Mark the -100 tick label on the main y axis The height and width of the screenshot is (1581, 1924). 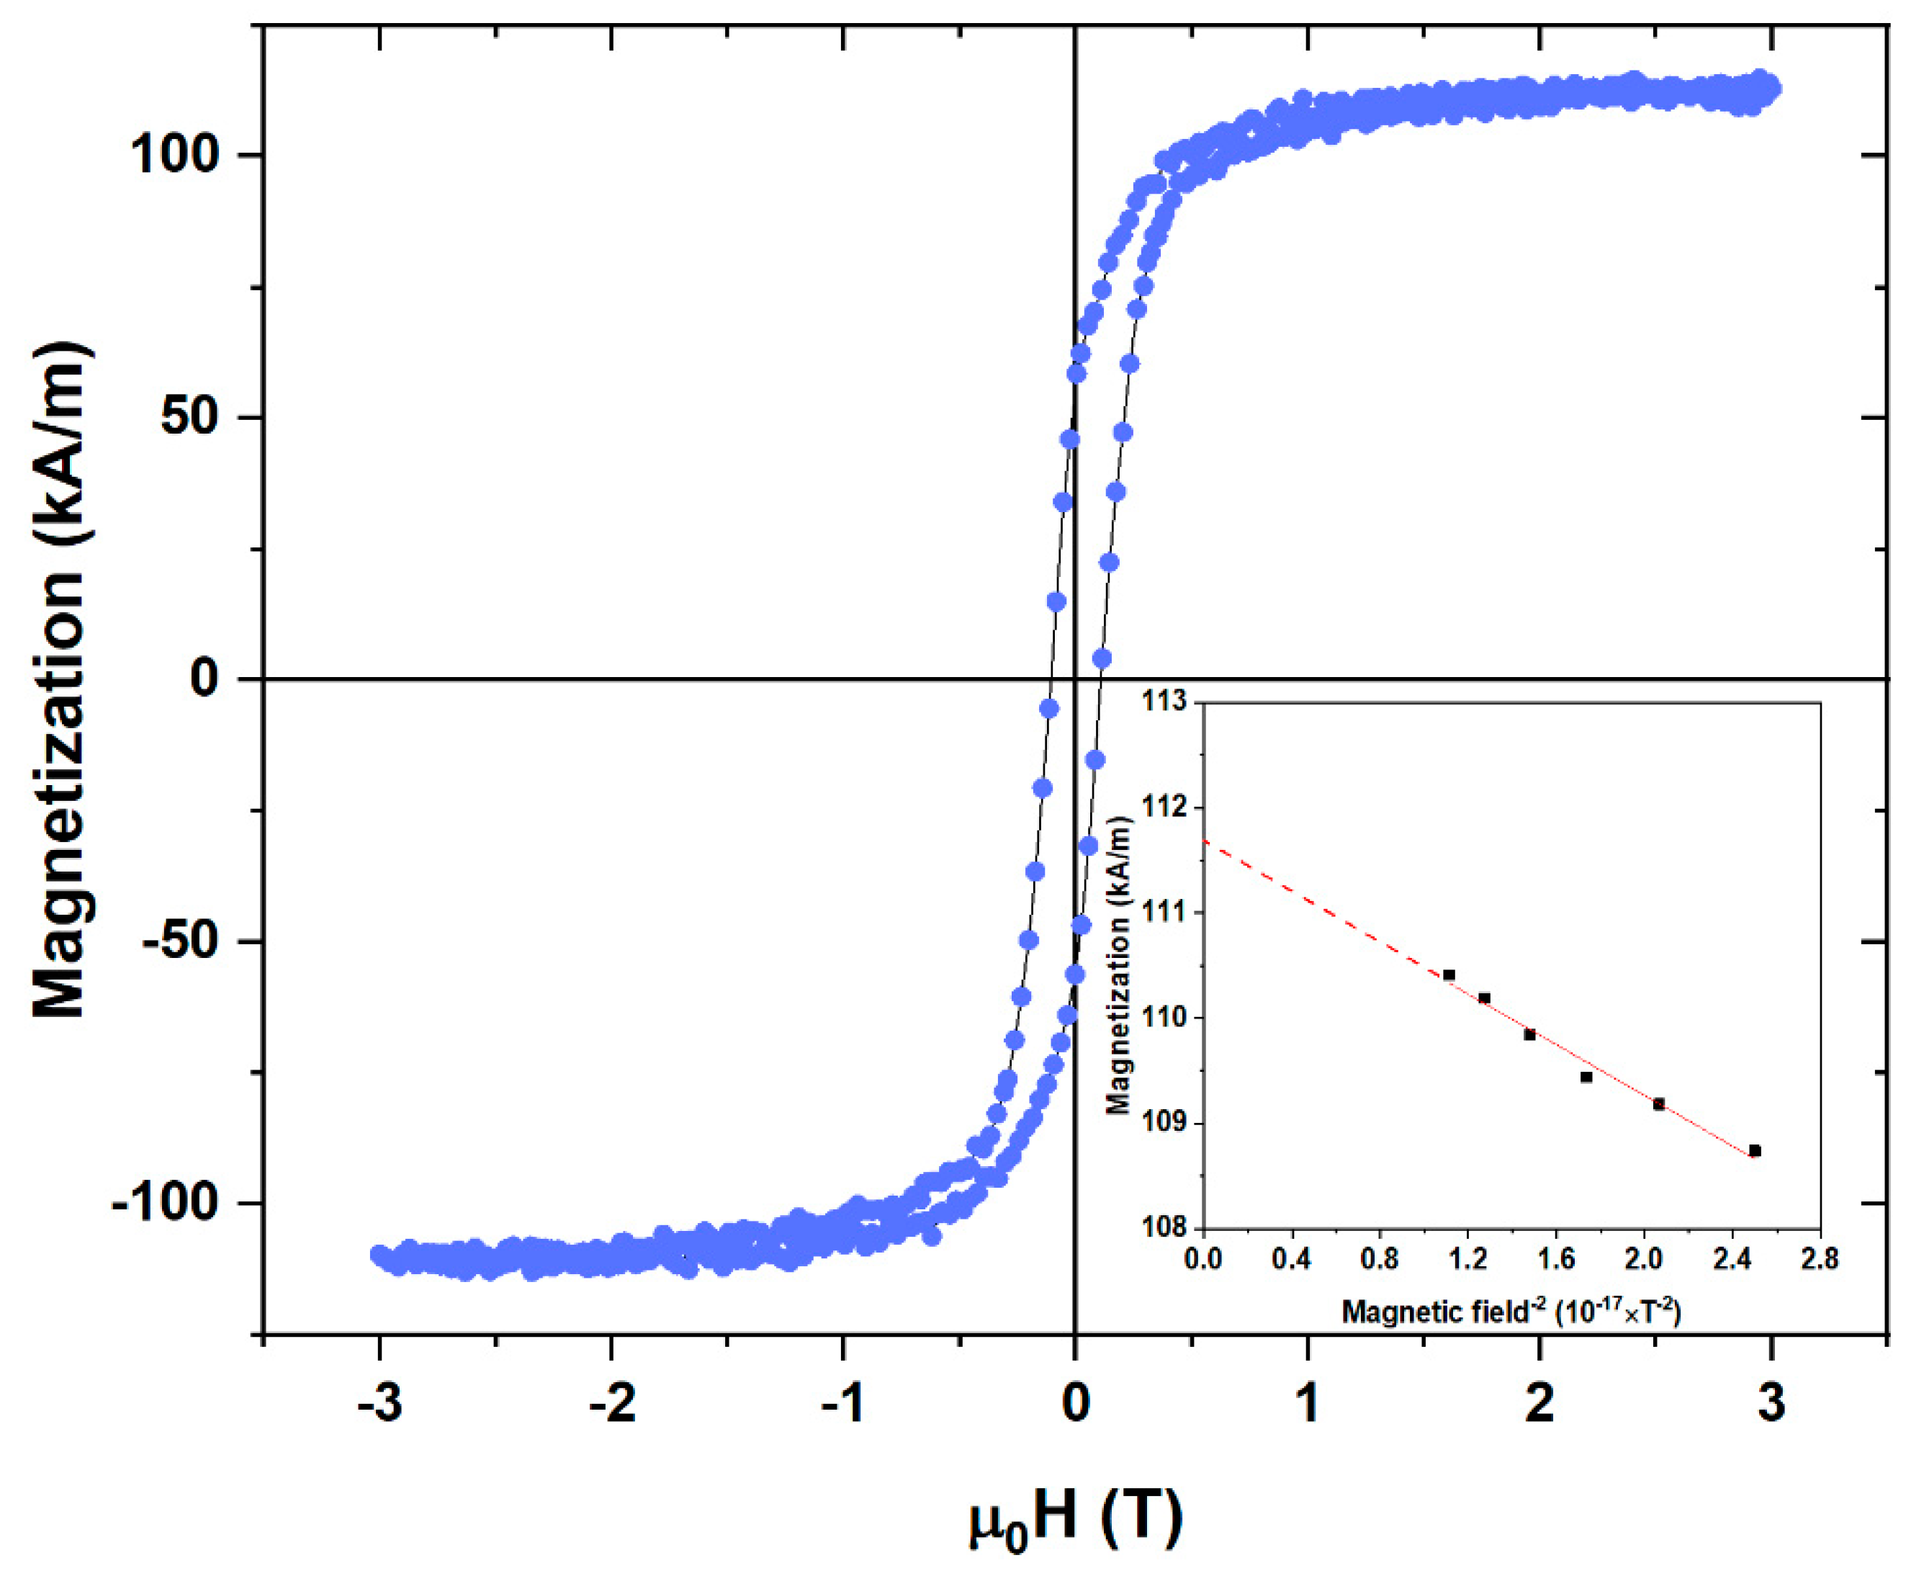(x=165, y=1203)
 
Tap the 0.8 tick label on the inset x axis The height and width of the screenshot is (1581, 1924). (x=1380, y=1260)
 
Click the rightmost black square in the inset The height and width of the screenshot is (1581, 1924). (x=1755, y=1151)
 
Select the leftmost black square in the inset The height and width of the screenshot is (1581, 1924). (x=1449, y=975)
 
